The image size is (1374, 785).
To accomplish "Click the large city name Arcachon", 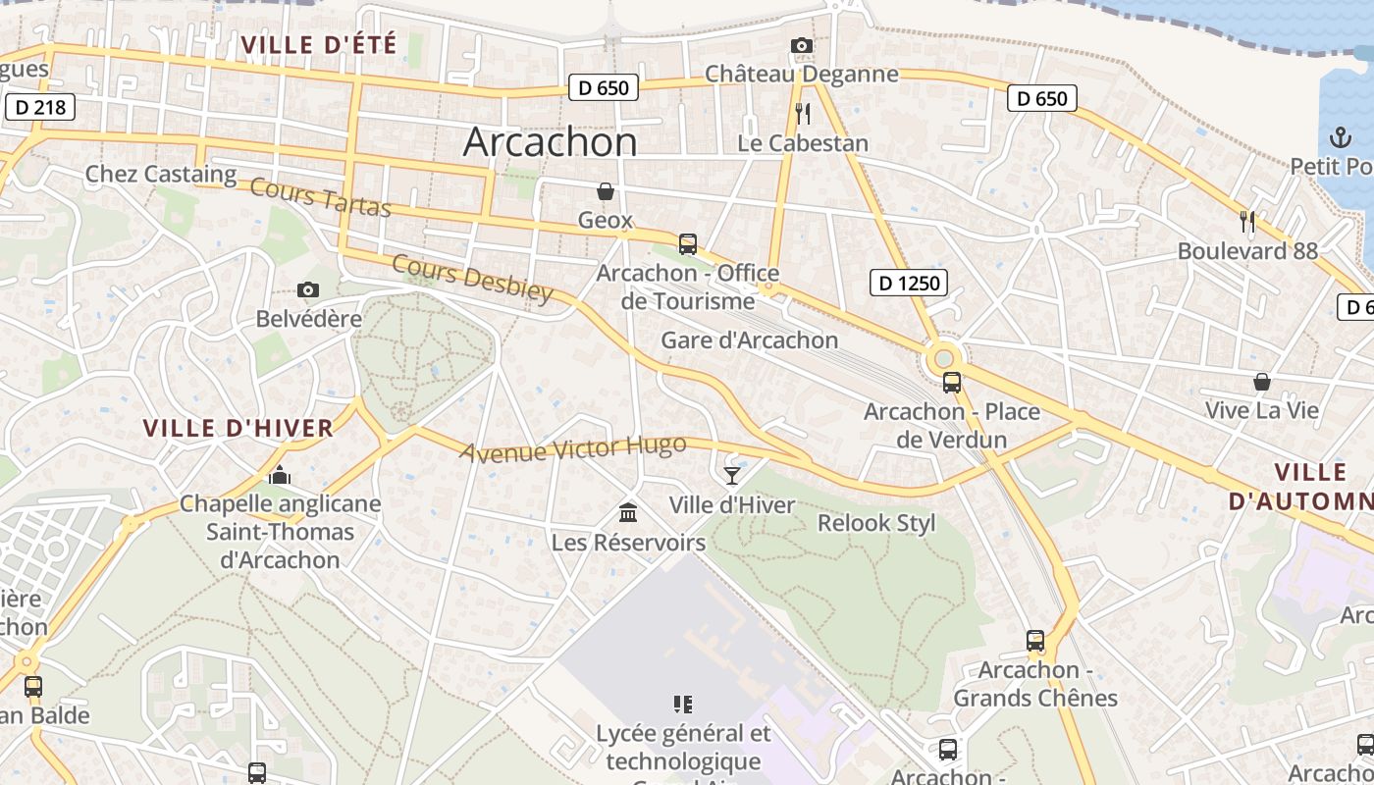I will click(550, 142).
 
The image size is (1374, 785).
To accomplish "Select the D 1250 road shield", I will click(908, 284).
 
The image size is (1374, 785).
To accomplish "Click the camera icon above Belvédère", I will click(308, 290).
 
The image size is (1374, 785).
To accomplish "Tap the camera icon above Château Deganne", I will click(802, 46).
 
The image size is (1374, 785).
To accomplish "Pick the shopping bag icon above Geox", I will click(606, 190).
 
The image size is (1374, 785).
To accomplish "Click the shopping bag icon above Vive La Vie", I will click(1262, 382).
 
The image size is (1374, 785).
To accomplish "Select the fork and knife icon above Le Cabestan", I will click(803, 114).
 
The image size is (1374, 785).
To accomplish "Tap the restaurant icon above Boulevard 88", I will click(1247, 222).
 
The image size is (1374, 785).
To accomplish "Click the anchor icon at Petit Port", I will click(1341, 137).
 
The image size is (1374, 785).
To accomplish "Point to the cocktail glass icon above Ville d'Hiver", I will click(732, 476).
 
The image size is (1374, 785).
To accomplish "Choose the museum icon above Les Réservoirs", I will click(628, 512).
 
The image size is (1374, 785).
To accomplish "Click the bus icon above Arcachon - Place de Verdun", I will click(951, 383).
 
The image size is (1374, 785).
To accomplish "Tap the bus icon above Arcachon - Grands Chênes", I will click(1035, 641).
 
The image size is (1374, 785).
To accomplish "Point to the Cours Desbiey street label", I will click(472, 279).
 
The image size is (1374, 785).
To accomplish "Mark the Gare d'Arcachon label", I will click(750, 340).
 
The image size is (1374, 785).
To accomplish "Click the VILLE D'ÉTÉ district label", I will click(319, 45).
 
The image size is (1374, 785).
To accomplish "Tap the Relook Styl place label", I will click(876, 523).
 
